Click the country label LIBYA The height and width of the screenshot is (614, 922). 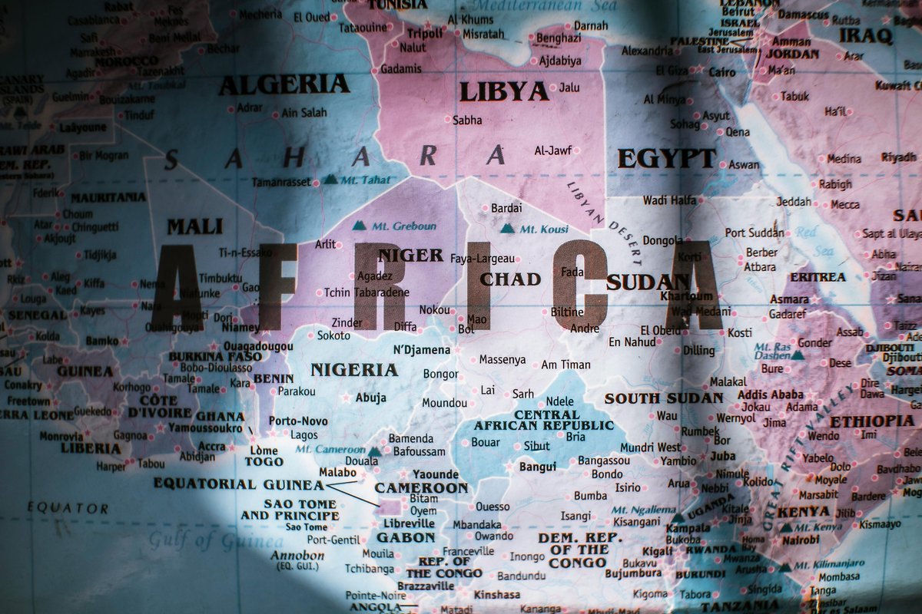(x=504, y=92)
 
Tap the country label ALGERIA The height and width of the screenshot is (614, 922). (x=284, y=84)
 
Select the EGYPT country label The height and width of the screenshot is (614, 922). (x=667, y=159)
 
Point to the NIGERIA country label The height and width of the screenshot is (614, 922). (x=354, y=370)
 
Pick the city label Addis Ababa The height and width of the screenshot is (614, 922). (x=770, y=394)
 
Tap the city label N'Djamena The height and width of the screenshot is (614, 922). (x=422, y=350)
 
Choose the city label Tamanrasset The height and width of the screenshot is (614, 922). (x=281, y=183)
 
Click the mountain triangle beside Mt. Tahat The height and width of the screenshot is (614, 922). (x=330, y=179)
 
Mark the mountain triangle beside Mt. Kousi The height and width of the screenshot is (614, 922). (x=507, y=228)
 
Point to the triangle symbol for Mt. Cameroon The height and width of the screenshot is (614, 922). (x=374, y=451)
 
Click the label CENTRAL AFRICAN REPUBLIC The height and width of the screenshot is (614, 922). (x=544, y=420)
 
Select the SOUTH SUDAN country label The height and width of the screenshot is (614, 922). (x=664, y=398)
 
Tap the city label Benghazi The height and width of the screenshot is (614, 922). (x=559, y=38)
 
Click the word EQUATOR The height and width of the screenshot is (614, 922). (x=68, y=508)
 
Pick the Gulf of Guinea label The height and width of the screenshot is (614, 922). (x=205, y=541)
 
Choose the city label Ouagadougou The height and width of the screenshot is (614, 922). (x=257, y=346)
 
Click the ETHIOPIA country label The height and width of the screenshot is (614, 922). (x=872, y=421)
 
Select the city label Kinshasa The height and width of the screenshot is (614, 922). (x=497, y=595)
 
